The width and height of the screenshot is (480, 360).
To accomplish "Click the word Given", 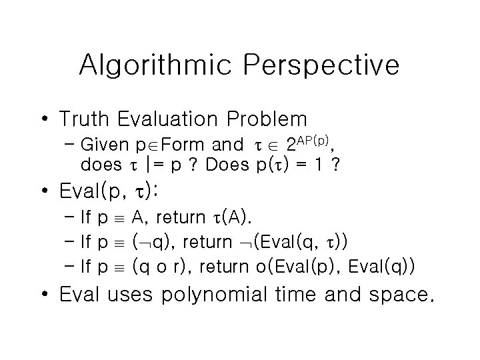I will click(100, 145).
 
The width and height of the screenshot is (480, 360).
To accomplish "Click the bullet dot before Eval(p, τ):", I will click(45, 192).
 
